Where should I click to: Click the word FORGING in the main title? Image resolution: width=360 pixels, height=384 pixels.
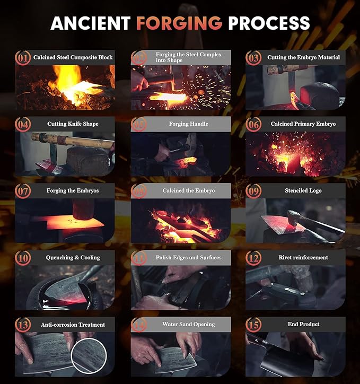[179, 23]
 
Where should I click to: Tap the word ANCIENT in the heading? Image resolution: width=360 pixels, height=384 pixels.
[91, 23]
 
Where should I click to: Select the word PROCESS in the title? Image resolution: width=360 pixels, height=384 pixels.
[269, 23]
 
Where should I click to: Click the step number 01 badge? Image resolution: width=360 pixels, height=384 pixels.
[23, 58]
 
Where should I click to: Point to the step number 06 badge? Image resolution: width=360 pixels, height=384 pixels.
[253, 124]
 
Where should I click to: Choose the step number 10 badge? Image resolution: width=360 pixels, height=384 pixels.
[23, 258]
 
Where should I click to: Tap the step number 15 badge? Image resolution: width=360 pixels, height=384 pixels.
[253, 325]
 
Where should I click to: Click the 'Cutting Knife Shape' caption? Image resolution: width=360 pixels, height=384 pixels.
[73, 124]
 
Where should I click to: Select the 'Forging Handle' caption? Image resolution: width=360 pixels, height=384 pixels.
[188, 124]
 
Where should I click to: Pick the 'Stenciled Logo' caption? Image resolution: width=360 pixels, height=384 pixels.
[303, 190]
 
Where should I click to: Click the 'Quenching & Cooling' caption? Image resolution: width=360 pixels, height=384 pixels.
[73, 257]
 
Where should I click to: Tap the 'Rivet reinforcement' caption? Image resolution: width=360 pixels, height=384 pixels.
[303, 257]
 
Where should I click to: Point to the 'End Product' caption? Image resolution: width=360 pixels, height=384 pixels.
[303, 324]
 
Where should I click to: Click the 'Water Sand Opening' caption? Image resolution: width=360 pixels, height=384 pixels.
[188, 324]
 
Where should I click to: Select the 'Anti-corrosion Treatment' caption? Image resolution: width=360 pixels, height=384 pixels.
[73, 325]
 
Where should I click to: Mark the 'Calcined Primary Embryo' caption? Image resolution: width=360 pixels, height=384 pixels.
[303, 124]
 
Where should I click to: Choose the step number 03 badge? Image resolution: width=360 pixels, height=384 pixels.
[253, 58]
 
